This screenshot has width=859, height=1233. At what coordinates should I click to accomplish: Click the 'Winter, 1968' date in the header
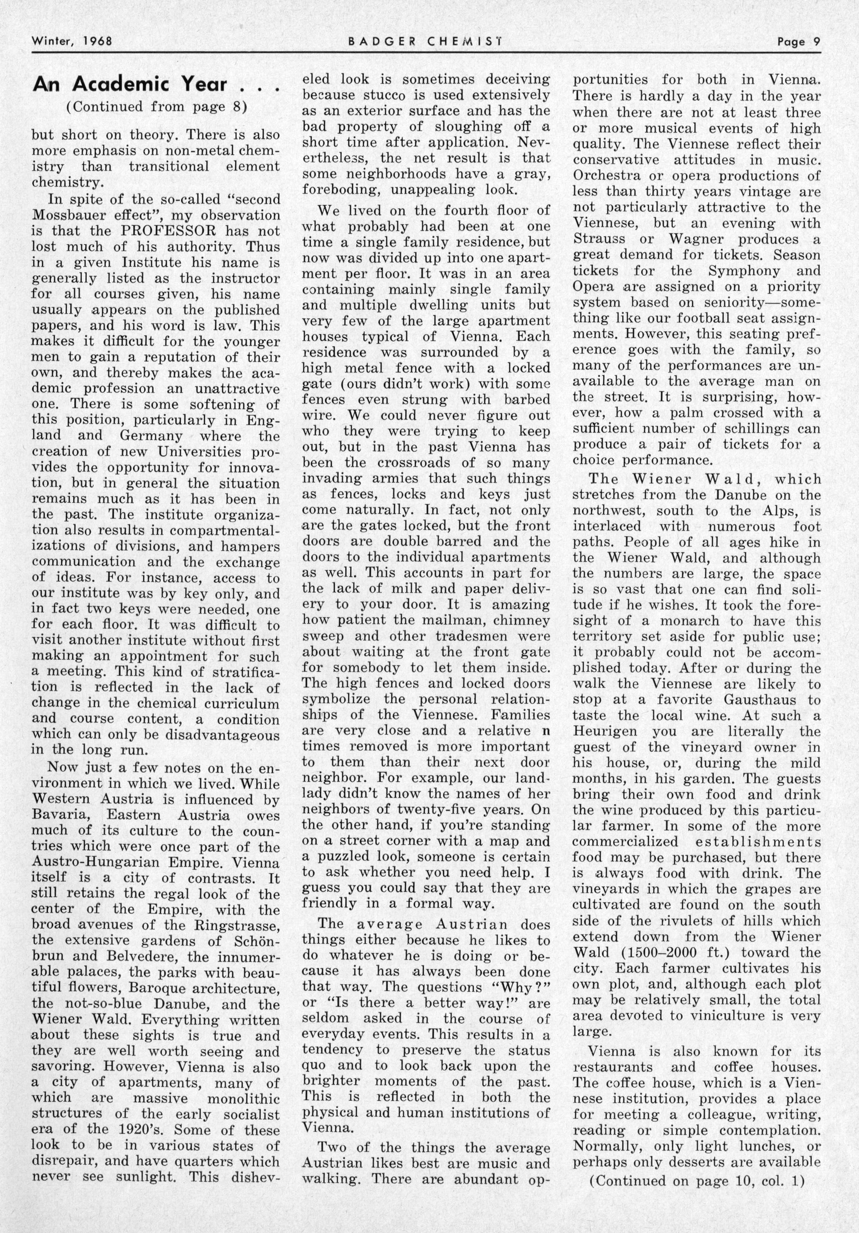point(72,41)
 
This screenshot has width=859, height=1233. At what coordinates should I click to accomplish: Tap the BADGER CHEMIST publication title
point(424,41)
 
